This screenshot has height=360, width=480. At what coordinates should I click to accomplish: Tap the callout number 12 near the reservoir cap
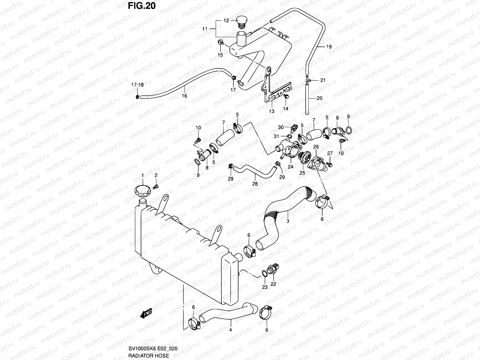[226, 21]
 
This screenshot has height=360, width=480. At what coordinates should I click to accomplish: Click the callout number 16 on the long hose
[184, 96]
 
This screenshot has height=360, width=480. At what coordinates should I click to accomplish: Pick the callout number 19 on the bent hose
[329, 47]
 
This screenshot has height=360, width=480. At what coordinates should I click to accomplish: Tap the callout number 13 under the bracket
[271, 111]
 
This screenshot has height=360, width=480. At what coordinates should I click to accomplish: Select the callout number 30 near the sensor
[280, 127]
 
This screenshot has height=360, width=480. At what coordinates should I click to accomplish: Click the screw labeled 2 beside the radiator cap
[155, 187]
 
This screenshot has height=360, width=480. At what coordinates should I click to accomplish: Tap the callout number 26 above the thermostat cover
[316, 147]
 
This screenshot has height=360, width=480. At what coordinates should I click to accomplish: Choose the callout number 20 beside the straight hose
[319, 98]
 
